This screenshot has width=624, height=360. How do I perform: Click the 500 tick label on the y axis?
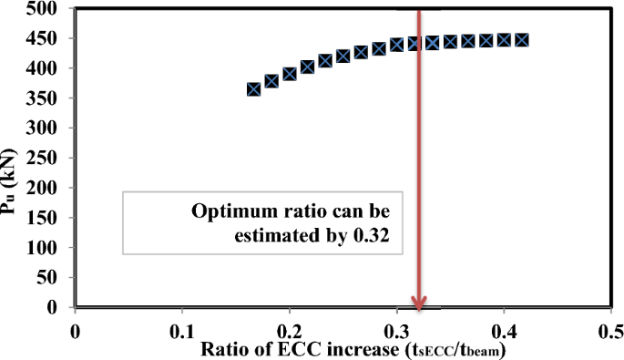[x=44, y=9]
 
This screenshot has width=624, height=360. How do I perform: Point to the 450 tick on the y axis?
[x=44, y=39]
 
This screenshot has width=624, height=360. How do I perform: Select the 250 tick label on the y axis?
[x=44, y=159]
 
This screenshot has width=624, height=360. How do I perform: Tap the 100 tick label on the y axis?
[x=44, y=248]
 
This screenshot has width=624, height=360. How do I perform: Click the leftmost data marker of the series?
[x=254, y=89]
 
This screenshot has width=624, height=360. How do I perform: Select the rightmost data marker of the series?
[x=522, y=40]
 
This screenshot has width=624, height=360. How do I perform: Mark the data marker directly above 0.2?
[x=290, y=74]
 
